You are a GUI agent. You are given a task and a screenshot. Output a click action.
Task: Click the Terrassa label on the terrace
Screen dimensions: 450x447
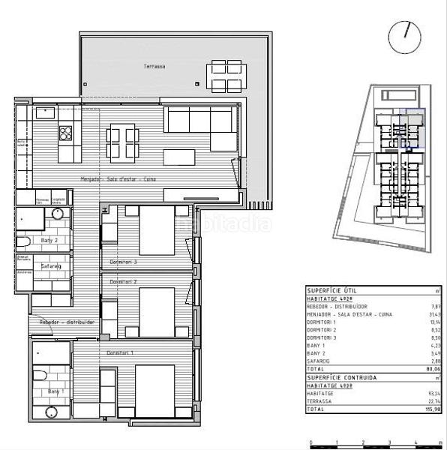tap(154, 67)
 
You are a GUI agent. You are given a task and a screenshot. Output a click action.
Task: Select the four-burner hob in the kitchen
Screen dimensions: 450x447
tap(66, 133)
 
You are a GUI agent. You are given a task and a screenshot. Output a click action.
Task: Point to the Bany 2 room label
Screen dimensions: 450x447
tap(49, 240)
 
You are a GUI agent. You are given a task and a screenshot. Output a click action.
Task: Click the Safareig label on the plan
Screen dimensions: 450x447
tap(49, 265)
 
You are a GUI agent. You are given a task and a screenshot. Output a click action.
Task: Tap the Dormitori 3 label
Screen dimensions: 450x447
tap(123, 262)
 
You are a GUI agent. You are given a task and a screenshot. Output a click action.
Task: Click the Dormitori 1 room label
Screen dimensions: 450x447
tap(120, 352)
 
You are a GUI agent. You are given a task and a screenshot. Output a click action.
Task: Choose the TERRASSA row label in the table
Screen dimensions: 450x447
tap(319, 401)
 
